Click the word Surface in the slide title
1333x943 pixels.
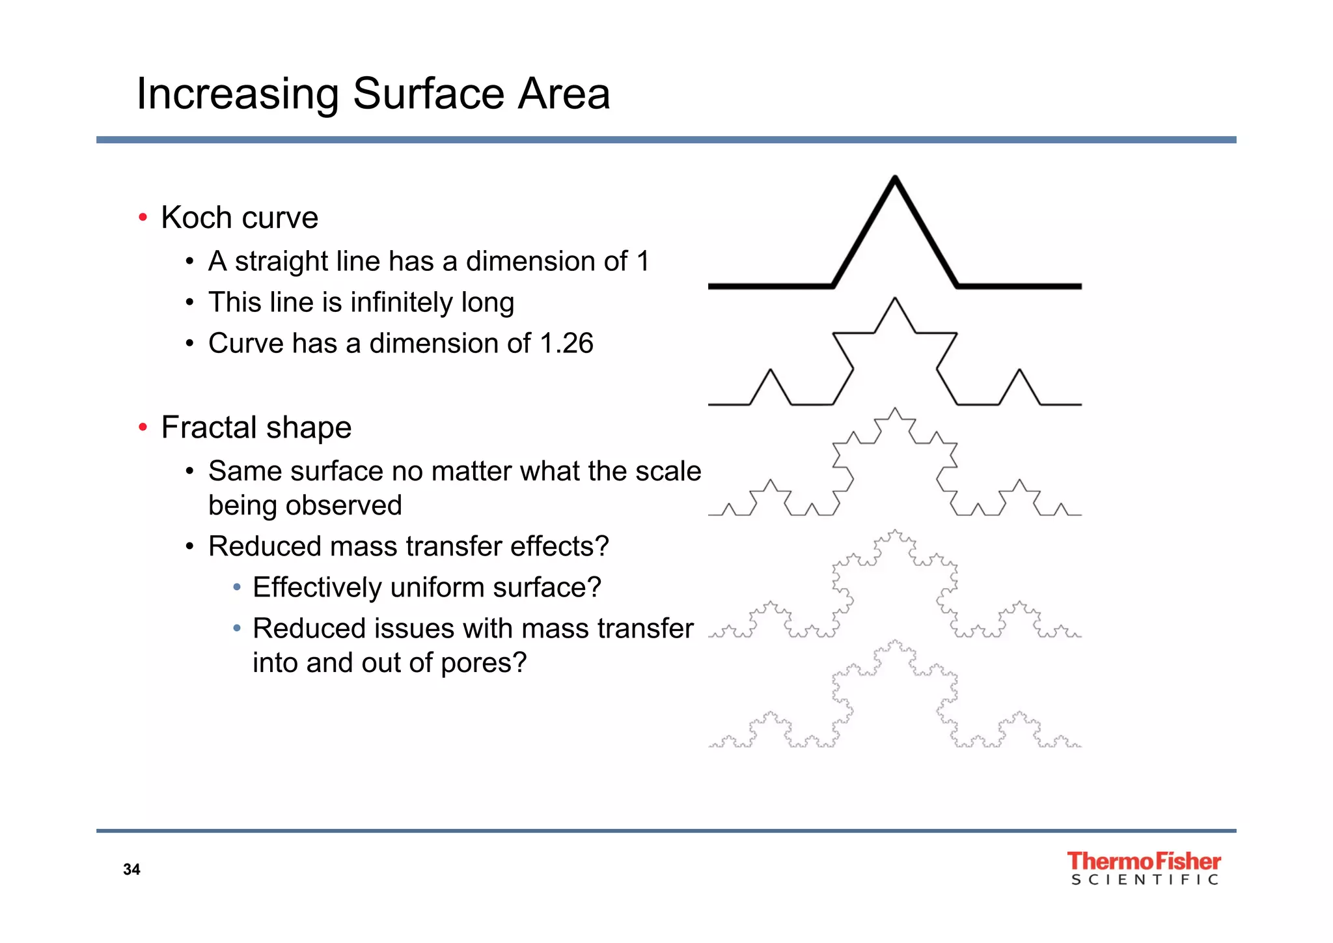pyautogui.click(x=428, y=94)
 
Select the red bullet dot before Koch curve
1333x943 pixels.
pyautogui.click(x=143, y=218)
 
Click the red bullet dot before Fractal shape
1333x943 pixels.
pyautogui.click(x=143, y=428)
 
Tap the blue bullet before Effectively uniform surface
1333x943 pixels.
pyautogui.click(x=237, y=587)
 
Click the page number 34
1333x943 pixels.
pyautogui.click(x=131, y=869)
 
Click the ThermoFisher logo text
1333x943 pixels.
pyautogui.click(x=1144, y=861)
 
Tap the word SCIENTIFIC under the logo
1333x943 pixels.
pyautogui.click(x=1144, y=880)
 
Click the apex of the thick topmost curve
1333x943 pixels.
pyautogui.click(x=895, y=178)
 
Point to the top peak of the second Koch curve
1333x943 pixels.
pyautogui.click(x=895, y=299)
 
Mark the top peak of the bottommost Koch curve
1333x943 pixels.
pyautogui.click(x=895, y=641)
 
